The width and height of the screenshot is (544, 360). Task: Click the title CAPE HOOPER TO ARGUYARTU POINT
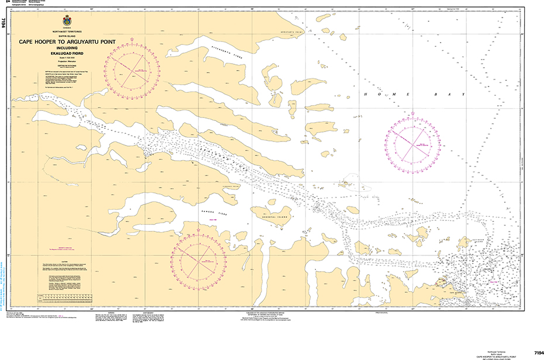(66, 41)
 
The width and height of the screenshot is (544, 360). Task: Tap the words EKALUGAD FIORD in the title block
(66, 52)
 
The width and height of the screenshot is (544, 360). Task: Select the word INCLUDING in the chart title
(66, 47)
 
